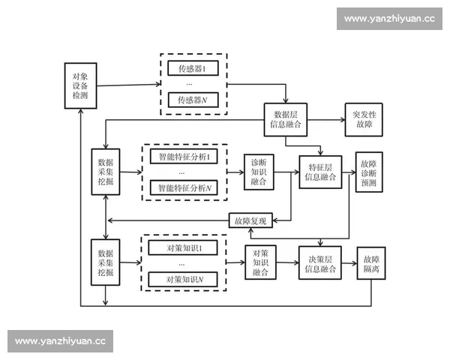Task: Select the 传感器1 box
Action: (193, 70)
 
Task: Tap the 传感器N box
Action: (193, 100)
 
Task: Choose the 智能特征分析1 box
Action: (183, 157)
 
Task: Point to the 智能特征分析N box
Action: (183, 187)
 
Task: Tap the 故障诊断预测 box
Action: (369, 172)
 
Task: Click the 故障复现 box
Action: (250, 220)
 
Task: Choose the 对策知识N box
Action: (183, 279)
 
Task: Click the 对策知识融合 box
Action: (261, 263)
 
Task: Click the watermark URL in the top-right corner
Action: (389, 19)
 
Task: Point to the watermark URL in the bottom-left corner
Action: (60, 341)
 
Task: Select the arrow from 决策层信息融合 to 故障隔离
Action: (349, 263)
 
